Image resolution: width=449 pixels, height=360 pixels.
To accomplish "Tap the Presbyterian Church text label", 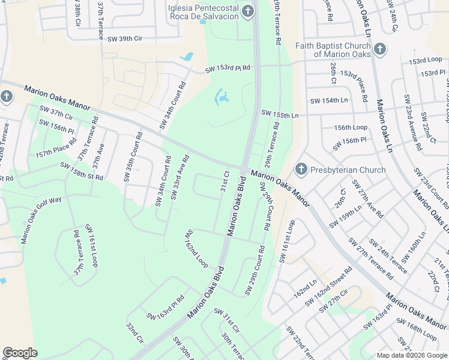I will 348,170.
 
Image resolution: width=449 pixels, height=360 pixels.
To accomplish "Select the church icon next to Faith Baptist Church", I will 379,49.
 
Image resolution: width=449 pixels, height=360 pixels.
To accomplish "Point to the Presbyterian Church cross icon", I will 301,170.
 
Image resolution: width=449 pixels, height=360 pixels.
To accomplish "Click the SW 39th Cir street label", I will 125,38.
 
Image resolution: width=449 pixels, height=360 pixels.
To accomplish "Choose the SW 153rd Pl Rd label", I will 228,70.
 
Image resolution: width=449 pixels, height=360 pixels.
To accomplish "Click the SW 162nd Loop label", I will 196,248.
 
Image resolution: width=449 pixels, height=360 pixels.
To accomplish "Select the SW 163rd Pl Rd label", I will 166,307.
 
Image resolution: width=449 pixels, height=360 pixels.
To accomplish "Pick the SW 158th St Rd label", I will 82,172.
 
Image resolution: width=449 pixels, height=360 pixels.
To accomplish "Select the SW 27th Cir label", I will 334,300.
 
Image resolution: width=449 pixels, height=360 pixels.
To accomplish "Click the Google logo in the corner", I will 20,353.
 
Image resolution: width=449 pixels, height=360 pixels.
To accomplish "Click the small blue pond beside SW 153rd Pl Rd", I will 188,57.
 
